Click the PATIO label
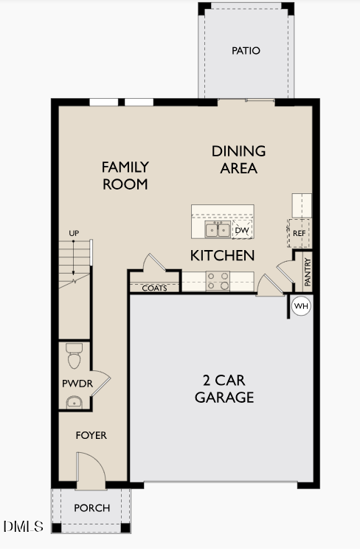pyautogui.click(x=246, y=51)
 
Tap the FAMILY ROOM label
pyautogui.click(x=125, y=176)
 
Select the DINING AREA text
pyautogui.click(x=238, y=159)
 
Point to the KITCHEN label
pyautogui.click(x=222, y=256)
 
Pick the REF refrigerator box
pyautogui.click(x=299, y=233)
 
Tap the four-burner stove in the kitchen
pyautogui.click(x=218, y=281)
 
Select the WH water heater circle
pyautogui.click(x=301, y=305)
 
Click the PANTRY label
pyautogui.click(x=308, y=272)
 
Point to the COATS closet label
pyautogui.click(x=154, y=288)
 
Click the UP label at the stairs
pyautogui.click(x=74, y=234)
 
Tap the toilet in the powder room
pyautogui.click(x=74, y=356)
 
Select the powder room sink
pyautogui.click(x=74, y=401)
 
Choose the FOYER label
pyautogui.click(x=91, y=435)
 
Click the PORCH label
pyautogui.click(x=92, y=508)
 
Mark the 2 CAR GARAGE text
pyautogui.click(x=224, y=389)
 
